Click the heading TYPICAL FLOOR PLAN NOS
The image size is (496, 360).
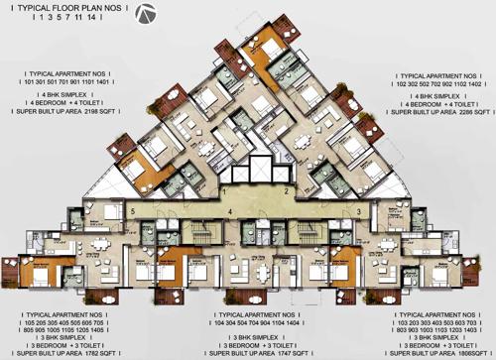69,11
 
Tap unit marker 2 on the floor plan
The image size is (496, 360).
285,189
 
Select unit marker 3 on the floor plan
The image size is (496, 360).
356,211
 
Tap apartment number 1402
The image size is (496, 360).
471,84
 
